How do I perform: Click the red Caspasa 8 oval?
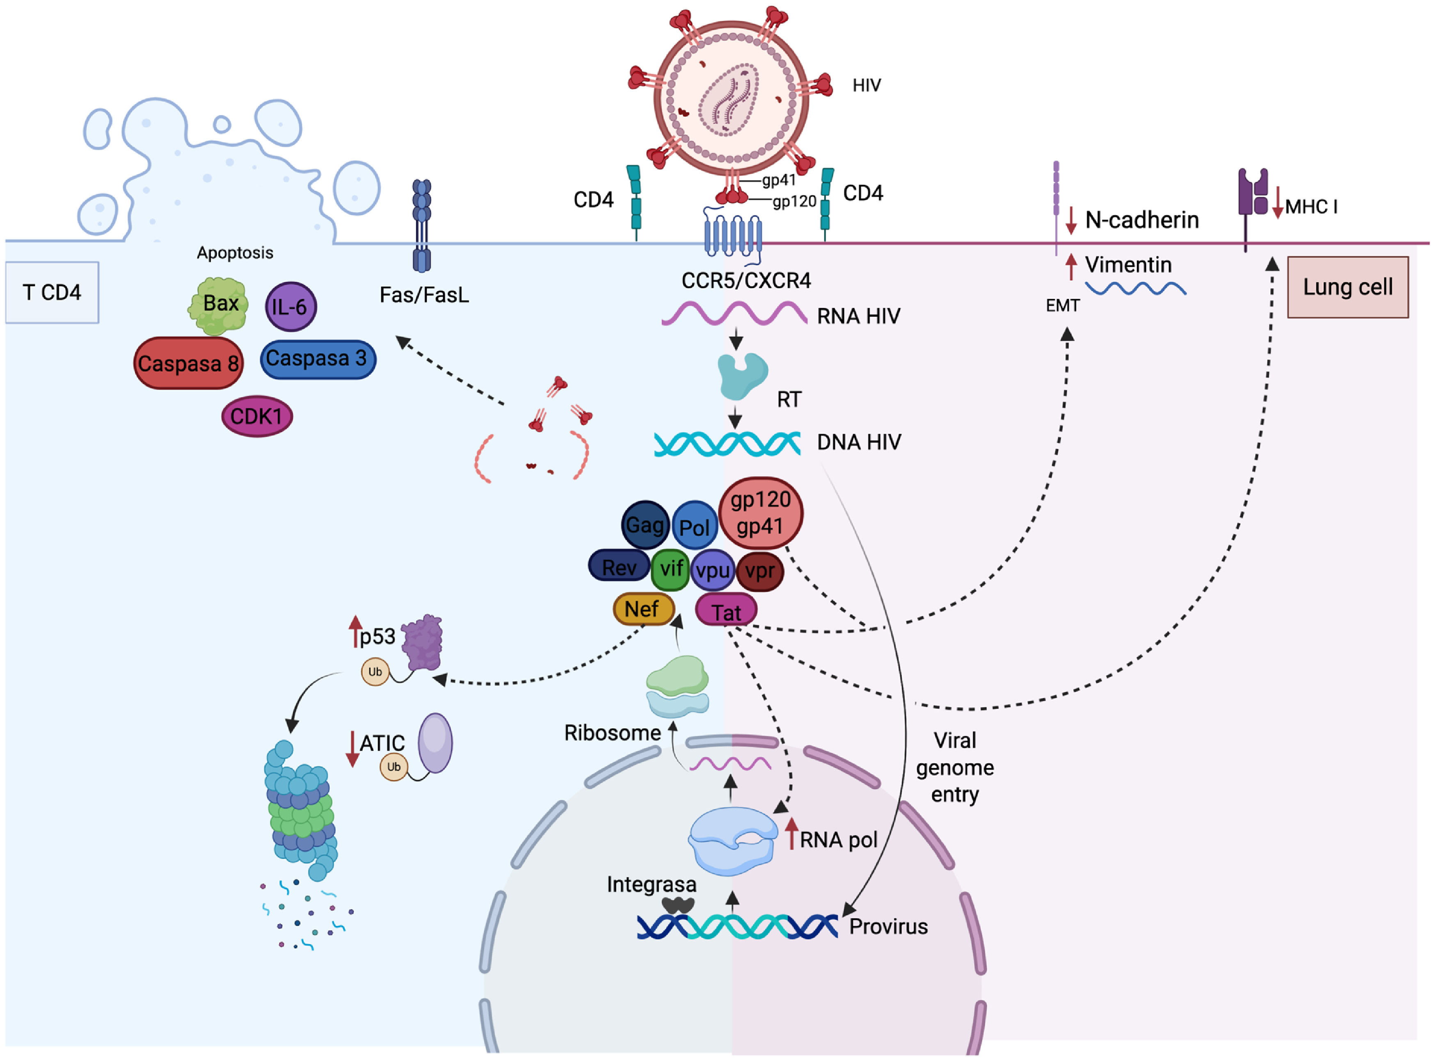pos(188,364)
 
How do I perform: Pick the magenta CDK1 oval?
pos(257,416)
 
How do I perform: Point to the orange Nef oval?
pos(643,609)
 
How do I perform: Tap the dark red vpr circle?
pos(760,571)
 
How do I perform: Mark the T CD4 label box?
pos(52,292)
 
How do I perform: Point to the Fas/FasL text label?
pos(424,295)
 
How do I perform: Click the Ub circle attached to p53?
pos(375,672)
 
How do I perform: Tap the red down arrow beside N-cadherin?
pos(1071,220)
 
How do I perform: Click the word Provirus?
pos(888,927)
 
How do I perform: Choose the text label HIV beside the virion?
pos(867,85)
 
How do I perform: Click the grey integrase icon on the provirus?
pos(679,905)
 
